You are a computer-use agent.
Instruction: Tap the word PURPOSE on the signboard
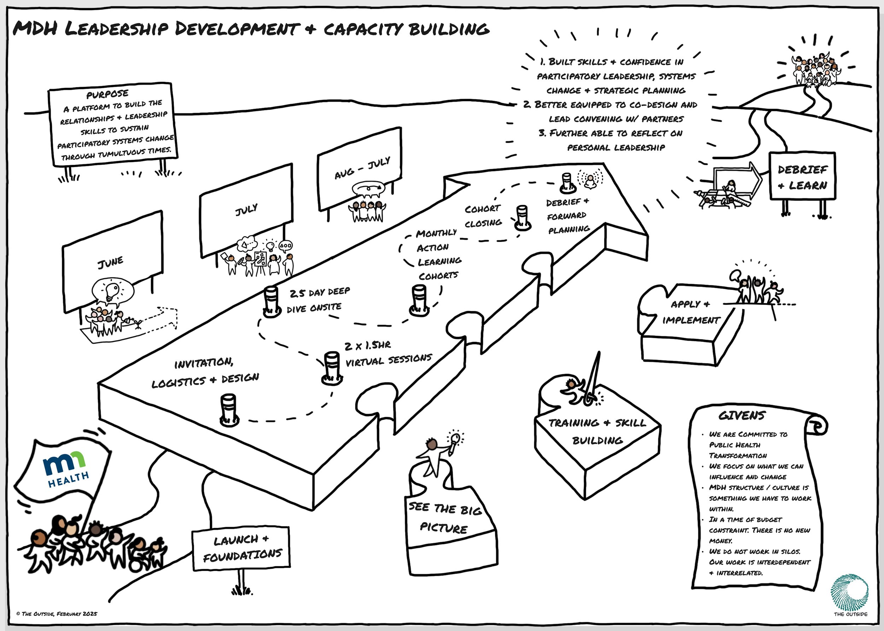pos(107,94)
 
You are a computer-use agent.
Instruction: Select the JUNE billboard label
pos(110,262)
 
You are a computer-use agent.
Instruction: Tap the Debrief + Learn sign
pos(802,177)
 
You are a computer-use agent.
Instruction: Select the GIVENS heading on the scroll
pos(741,416)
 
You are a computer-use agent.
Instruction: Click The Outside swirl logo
pos(850,592)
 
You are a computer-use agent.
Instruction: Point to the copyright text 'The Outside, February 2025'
pos(57,614)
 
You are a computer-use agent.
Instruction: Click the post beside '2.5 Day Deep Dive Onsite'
pos(272,301)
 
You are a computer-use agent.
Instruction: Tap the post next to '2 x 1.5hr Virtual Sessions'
pos(332,367)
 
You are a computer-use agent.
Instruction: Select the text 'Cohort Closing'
pos(483,216)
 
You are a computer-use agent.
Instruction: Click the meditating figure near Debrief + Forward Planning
pos(590,181)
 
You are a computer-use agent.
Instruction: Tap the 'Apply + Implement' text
pos(691,312)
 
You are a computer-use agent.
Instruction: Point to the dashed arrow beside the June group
pos(159,319)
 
